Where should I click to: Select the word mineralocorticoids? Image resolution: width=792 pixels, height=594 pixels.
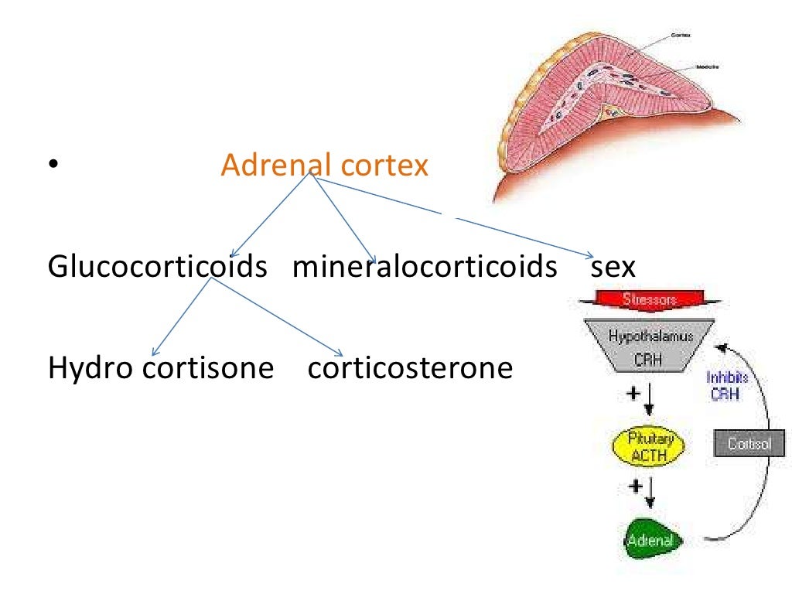pyautogui.click(x=425, y=267)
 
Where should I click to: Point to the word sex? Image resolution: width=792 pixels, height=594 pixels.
pyautogui.click(x=613, y=267)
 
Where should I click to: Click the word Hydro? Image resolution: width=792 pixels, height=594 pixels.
pyautogui.click(x=90, y=367)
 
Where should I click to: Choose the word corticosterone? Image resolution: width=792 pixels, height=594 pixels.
pyautogui.click(x=410, y=367)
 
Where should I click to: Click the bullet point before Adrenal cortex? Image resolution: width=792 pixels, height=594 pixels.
pyautogui.click(x=53, y=165)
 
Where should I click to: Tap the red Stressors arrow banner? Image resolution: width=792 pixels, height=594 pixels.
pyautogui.click(x=649, y=300)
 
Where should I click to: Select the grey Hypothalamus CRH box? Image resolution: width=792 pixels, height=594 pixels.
pyautogui.click(x=650, y=345)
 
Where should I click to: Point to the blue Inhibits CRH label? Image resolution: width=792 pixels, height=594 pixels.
pyautogui.click(x=727, y=386)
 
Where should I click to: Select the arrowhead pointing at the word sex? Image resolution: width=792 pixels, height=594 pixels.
pyautogui.click(x=589, y=256)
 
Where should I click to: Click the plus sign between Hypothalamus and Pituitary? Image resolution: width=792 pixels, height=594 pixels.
pyautogui.click(x=633, y=394)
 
